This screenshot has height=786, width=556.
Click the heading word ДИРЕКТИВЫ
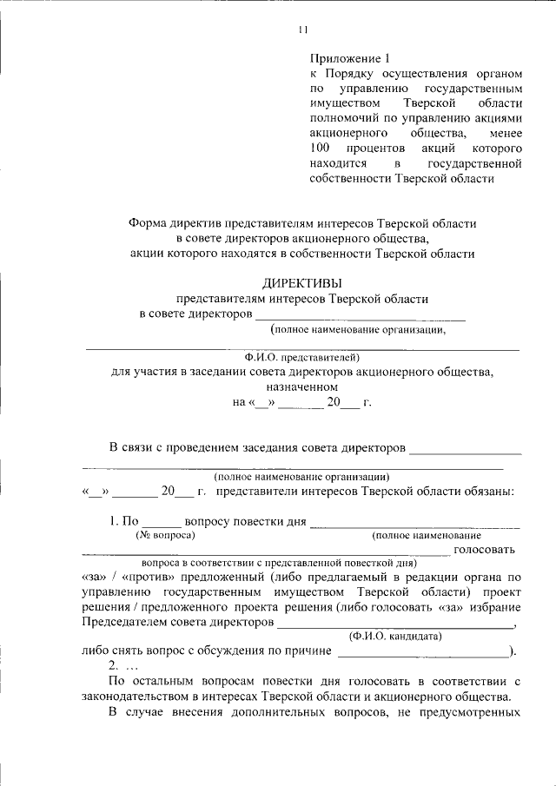coord(302,282)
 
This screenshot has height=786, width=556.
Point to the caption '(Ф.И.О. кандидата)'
coord(394,637)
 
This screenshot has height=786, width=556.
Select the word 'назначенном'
coord(302,386)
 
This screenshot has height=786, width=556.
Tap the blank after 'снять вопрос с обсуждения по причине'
coord(423,651)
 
